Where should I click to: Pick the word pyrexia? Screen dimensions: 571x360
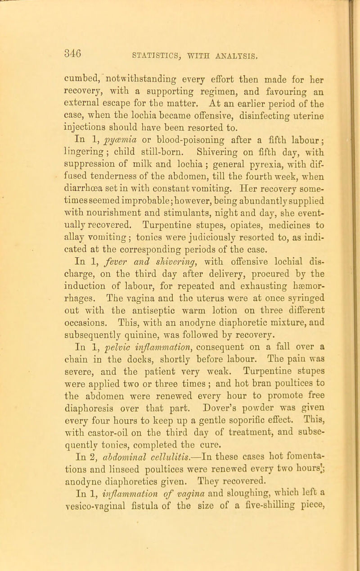click(253, 159)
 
